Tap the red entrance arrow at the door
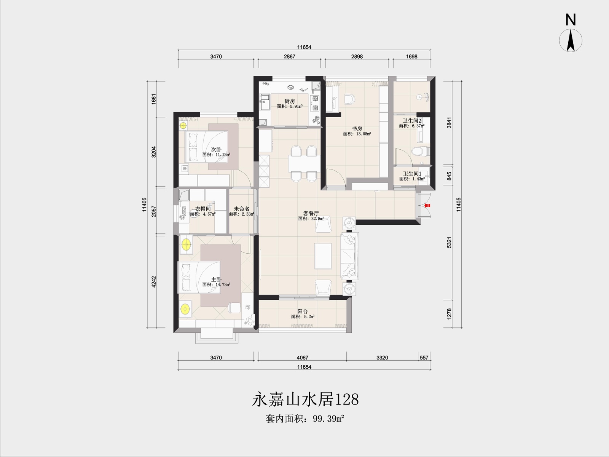pyautogui.click(x=427, y=205)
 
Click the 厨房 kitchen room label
pyautogui.click(x=290, y=101)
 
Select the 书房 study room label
pyautogui.click(x=357, y=128)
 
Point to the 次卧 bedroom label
pyautogui.click(x=216, y=149)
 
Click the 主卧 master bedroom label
pyautogui.click(x=216, y=280)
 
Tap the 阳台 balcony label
pyautogui.click(x=303, y=311)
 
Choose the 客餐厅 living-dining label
pyautogui.click(x=311, y=213)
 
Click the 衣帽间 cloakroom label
pyautogui.click(x=203, y=209)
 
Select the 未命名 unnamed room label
pyautogui.click(x=242, y=209)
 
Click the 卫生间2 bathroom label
pyautogui.click(x=412, y=120)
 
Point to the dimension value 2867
pyautogui.click(x=289, y=56)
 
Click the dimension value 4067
pyautogui.click(x=303, y=357)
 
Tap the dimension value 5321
pyautogui.click(x=449, y=242)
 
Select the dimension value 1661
pyautogui.click(x=154, y=99)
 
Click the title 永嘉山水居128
pyautogui.click(x=305, y=399)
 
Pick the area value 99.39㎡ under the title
pyautogui.click(x=328, y=419)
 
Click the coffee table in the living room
pyautogui.click(x=323, y=256)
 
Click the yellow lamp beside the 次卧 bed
pyautogui.click(x=183, y=126)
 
